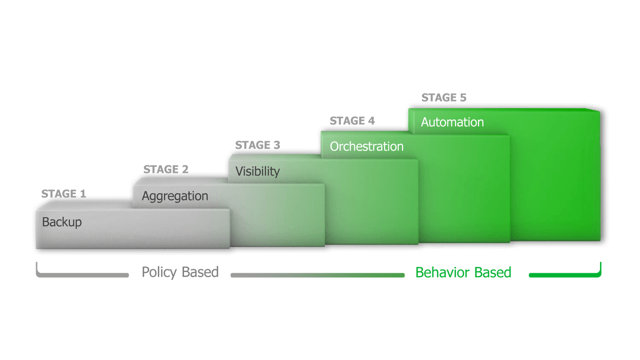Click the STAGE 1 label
tap(63, 194)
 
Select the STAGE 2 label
tap(165, 169)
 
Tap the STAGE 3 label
tap(257, 145)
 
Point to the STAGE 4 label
tap(352, 121)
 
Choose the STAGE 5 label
tap(443, 98)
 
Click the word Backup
tap(61, 222)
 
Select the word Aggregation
tap(174, 196)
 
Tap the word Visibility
tap(257, 171)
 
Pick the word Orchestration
tap(366, 146)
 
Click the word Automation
tap(452, 122)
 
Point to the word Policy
tap(159, 272)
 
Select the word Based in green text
tap(492, 272)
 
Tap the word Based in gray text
tap(200, 272)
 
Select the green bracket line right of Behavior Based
tap(565, 274)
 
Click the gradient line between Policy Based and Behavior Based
tap(317, 275)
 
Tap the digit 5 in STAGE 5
tap(462, 98)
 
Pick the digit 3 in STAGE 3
tap(276, 145)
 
